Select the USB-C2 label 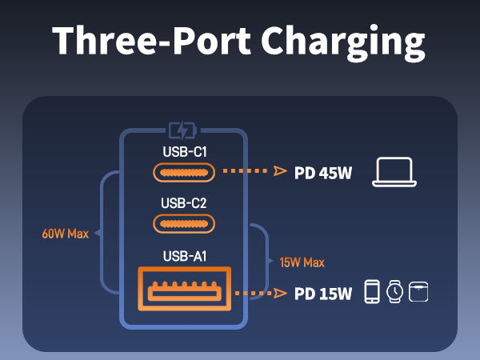click(184, 202)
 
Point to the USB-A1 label click(184, 255)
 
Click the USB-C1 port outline click(184, 172)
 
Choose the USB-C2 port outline click(184, 223)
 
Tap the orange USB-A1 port click(184, 292)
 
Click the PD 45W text click(323, 172)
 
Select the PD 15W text click(323, 294)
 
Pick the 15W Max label click(302, 262)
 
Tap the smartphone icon click(372, 292)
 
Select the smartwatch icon click(395, 292)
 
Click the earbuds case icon click(418, 292)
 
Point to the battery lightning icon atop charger click(184, 130)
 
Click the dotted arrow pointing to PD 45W click(252, 171)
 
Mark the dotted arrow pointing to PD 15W click(260, 293)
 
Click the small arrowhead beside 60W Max click(96, 234)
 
